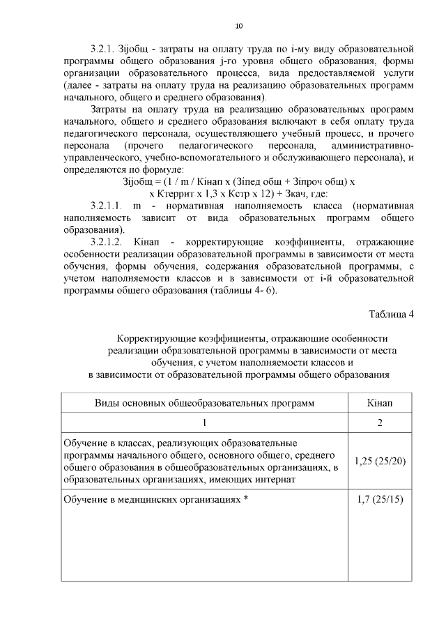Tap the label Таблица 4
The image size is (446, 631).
click(391, 314)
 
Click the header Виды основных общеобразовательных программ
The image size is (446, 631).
click(204, 403)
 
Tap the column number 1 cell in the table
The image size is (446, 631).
click(204, 423)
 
